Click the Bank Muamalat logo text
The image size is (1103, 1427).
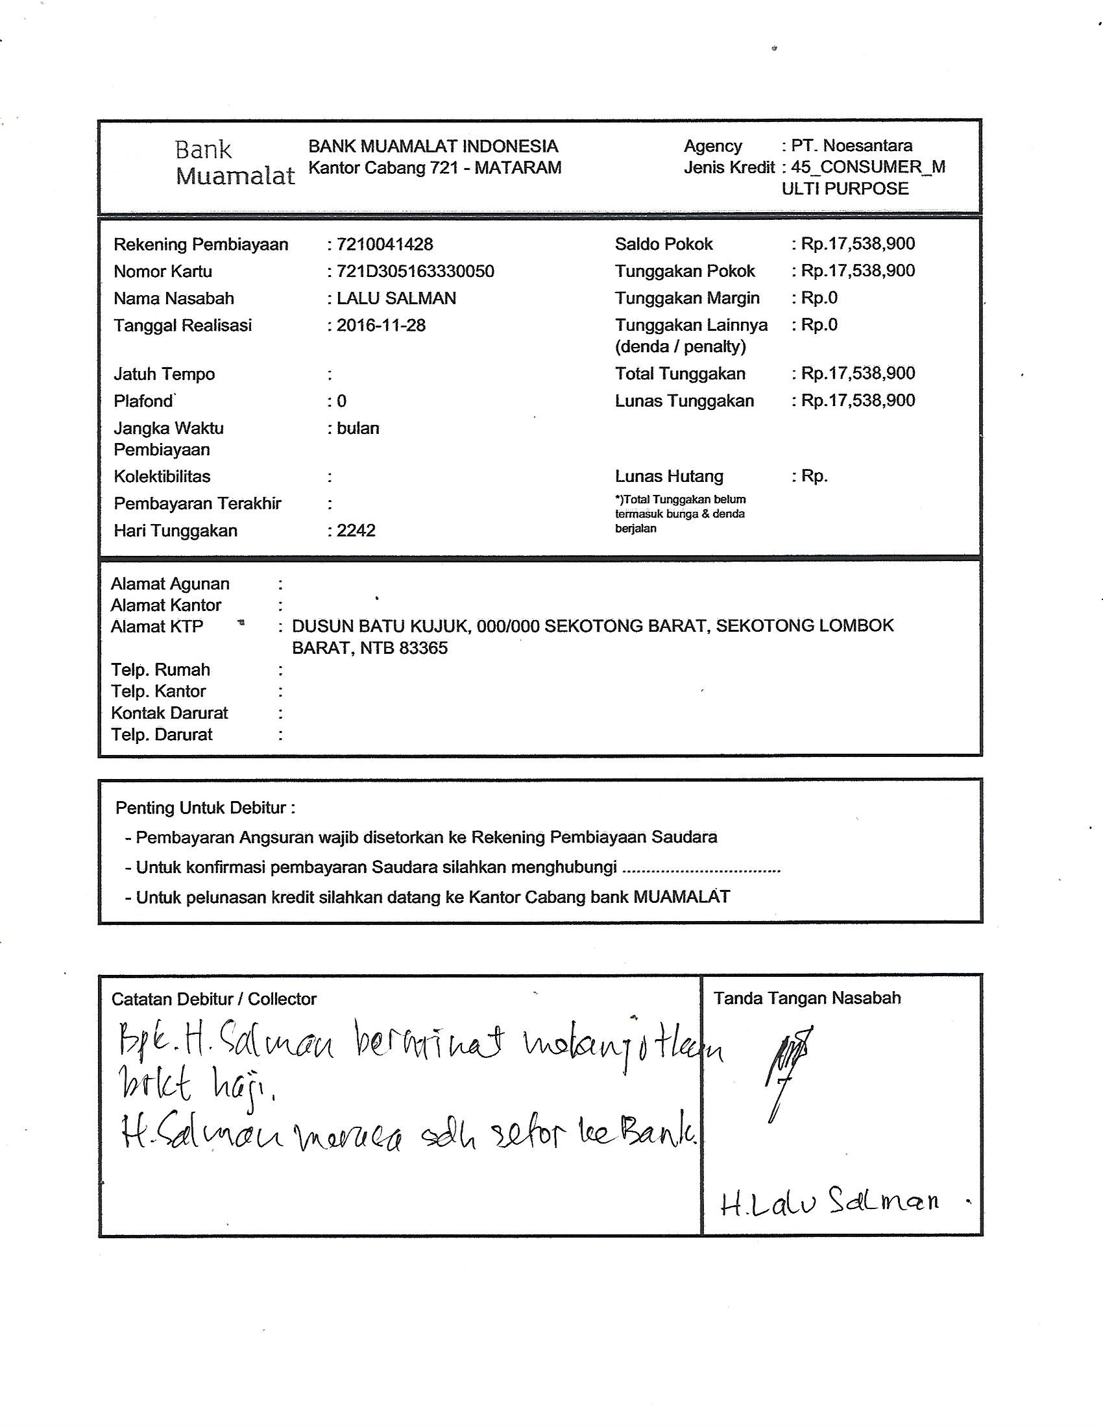234,163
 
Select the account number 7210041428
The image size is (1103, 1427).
384,245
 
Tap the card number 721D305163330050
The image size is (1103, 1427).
415,271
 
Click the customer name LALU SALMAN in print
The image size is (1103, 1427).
396,298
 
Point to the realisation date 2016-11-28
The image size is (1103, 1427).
381,326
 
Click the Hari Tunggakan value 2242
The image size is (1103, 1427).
356,531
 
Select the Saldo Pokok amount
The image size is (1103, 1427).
857,244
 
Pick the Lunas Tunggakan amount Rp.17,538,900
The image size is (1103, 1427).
857,400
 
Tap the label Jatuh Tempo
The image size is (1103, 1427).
164,374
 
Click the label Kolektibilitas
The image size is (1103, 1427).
162,476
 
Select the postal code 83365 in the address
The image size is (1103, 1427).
425,649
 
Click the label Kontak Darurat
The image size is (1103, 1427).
169,713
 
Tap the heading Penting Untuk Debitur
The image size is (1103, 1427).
205,808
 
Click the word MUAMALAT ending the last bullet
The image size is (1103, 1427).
681,897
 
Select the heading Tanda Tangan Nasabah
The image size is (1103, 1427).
807,998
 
